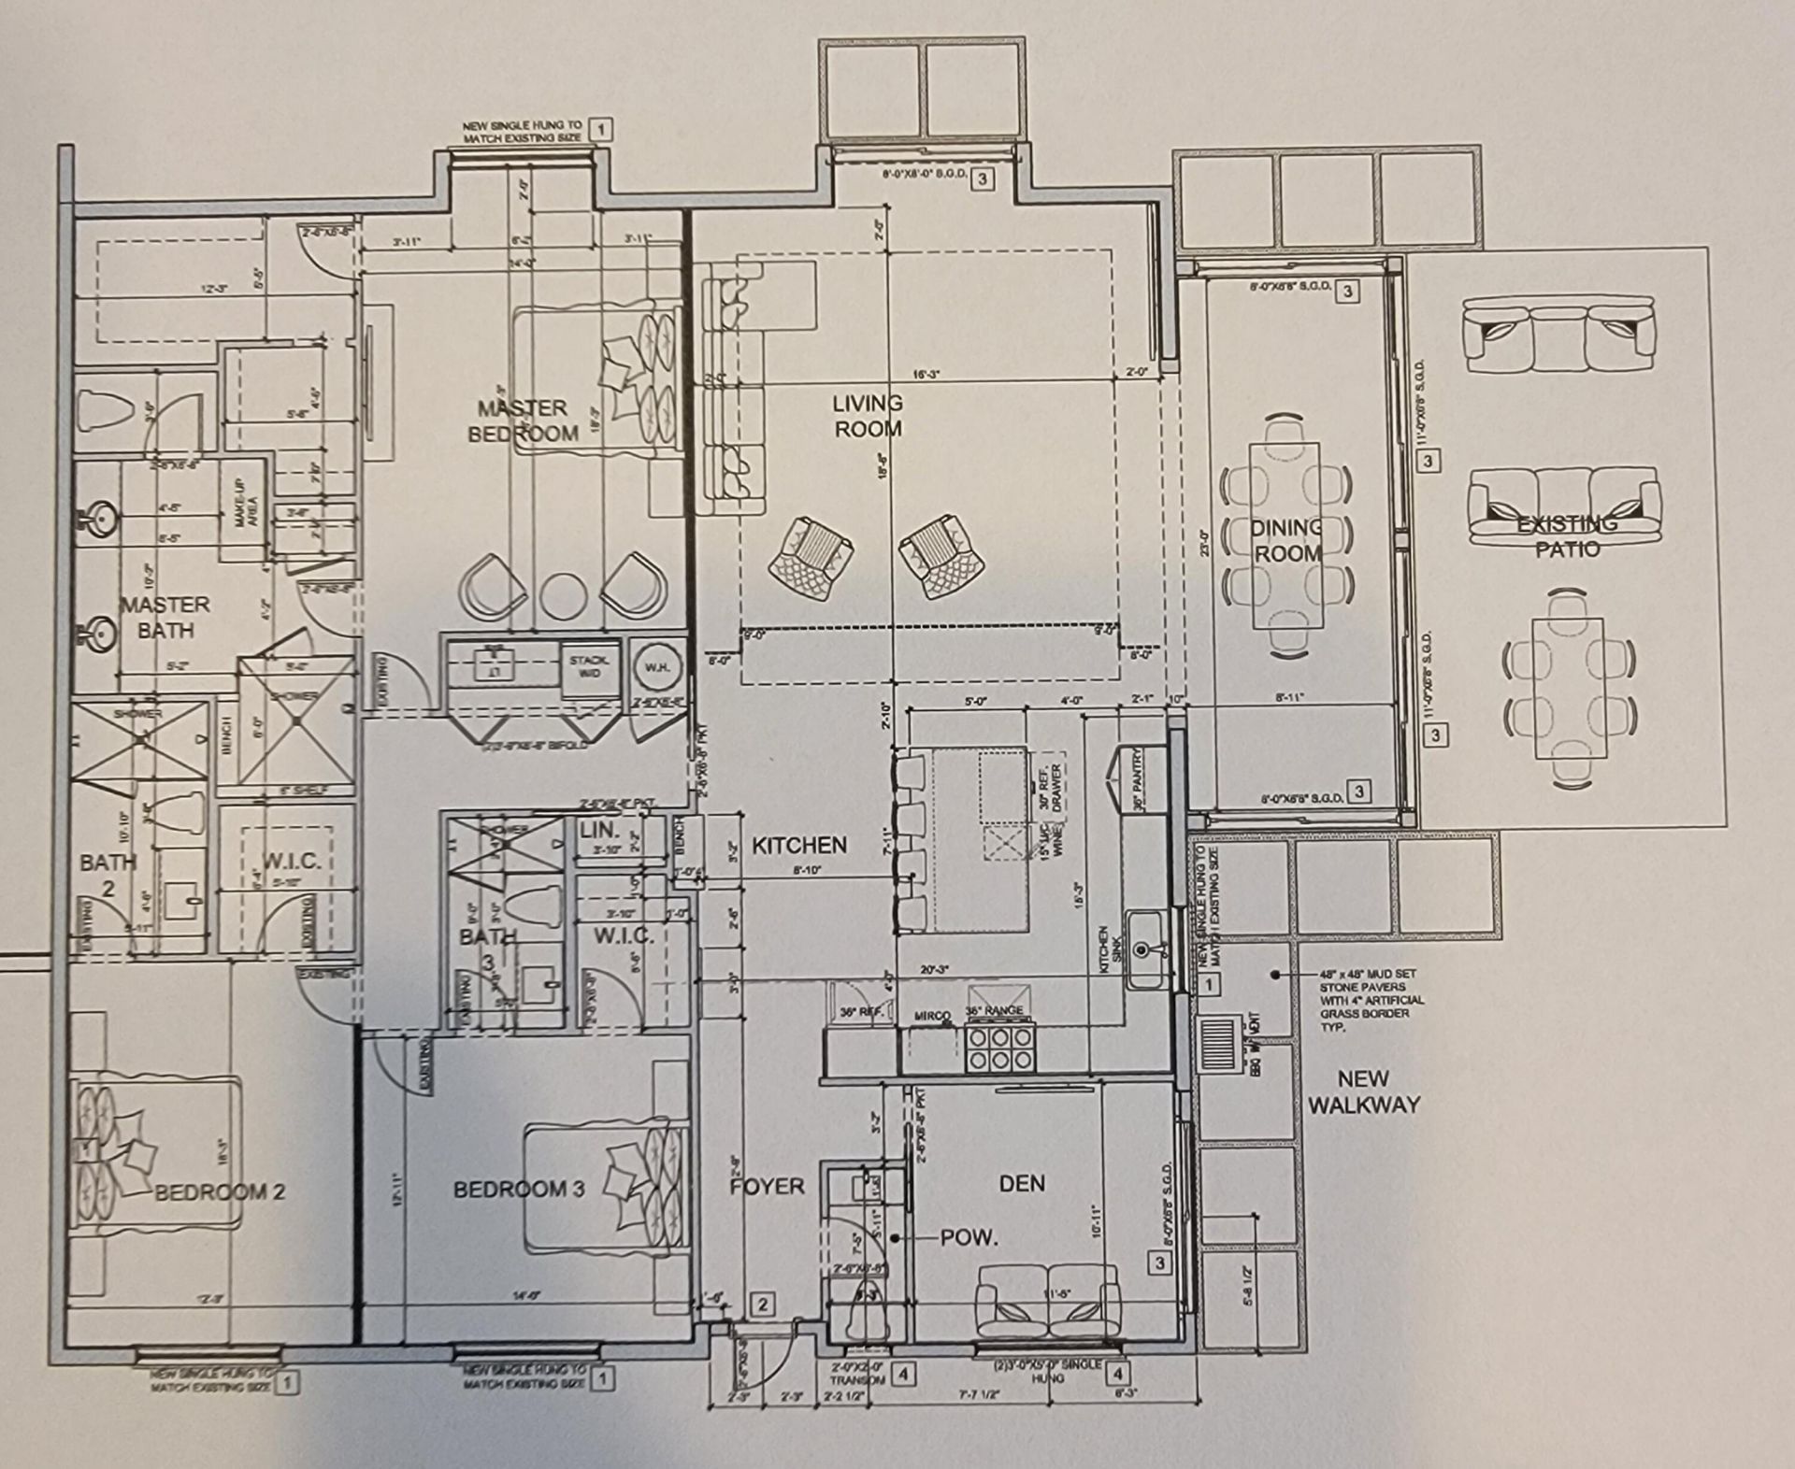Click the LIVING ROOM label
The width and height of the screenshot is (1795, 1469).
click(x=868, y=416)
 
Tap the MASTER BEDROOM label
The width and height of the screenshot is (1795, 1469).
click(x=523, y=421)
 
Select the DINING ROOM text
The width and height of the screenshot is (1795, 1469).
click(x=1286, y=540)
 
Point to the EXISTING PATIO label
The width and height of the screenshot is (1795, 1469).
click(x=1567, y=536)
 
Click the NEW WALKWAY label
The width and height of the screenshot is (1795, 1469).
click(x=1363, y=1091)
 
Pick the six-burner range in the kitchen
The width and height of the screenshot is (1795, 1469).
click(x=1001, y=1047)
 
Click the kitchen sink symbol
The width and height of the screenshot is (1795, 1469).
click(x=1142, y=950)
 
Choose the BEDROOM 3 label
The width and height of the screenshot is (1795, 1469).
click(x=519, y=1190)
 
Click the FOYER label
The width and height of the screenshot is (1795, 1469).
click(x=767, y=1186)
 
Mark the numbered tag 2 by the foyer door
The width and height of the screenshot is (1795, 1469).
click(x=762, y=1305)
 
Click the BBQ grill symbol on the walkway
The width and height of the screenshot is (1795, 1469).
click(x=1220, y=1043)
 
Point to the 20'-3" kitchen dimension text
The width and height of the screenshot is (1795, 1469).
click(x=934, y=970)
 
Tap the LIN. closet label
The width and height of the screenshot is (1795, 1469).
click(x=599, y=830)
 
